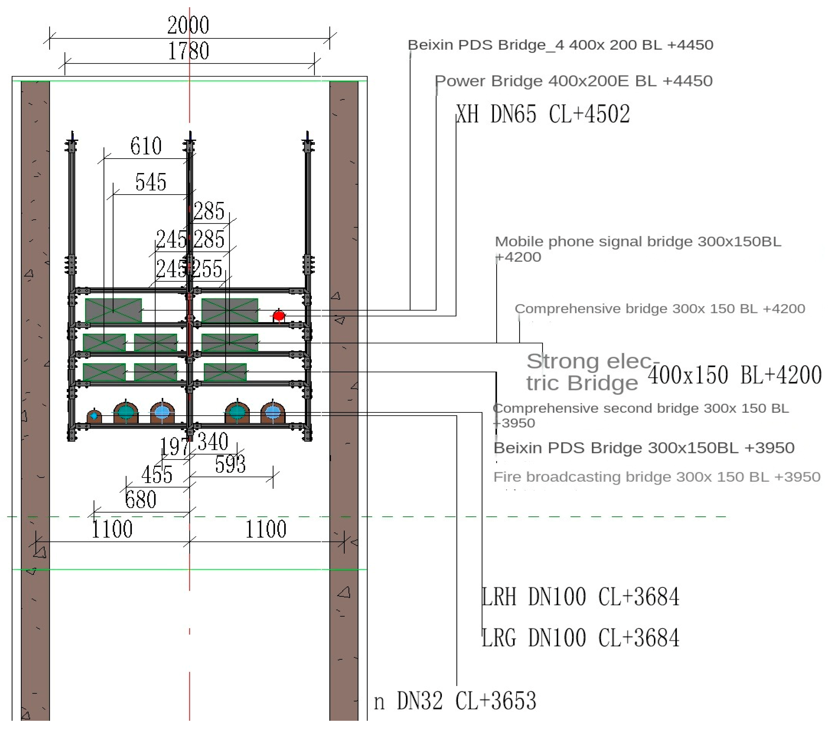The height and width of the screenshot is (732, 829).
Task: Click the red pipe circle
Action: [279, 315]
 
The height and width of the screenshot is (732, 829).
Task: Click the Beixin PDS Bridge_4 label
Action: [560, 45]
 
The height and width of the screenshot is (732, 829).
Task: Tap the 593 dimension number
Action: [230, 464]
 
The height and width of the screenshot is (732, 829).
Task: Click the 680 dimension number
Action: [140, 499]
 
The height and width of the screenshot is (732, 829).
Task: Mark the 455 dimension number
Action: [157, 474]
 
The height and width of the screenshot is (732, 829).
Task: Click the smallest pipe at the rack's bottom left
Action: [94, 416]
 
